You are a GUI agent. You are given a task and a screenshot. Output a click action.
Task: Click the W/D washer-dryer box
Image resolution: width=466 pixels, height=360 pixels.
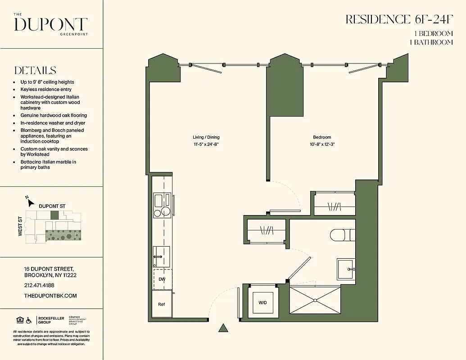pyautogui.click(x=262, y=302)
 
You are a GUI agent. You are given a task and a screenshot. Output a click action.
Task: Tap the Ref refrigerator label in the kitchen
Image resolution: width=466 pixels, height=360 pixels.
pyautogui.click(x=161, y=305)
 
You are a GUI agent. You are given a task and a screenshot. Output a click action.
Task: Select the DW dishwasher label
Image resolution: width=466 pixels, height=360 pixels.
pyautogui.click(x=161, y=279)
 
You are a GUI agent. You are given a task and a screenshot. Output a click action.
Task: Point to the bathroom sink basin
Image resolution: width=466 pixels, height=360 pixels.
pyautogui.click(x=346, y=269)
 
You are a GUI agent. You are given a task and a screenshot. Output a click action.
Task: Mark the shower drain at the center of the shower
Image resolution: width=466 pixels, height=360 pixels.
pyautogui.click(x=315, y=300)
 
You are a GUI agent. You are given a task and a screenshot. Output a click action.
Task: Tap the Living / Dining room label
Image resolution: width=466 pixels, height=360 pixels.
pyautogui.click(x=206, y=137)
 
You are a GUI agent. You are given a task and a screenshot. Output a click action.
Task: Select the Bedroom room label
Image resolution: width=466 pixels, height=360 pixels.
pyautogui.click(x=322, y=137)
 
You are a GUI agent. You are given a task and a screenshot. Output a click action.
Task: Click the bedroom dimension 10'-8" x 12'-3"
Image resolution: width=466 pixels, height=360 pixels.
pyautogui.click(x=322, y=144)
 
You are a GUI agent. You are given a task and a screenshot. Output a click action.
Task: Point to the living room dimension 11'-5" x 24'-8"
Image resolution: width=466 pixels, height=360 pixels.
pyautogui.click(x=206, y=144)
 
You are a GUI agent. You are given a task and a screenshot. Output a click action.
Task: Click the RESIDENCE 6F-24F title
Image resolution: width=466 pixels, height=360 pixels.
pyautogui.click(x=399, y=20)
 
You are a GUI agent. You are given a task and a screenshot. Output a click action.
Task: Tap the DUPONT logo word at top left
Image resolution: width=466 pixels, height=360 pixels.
pyautogui.click(x=50, y=24)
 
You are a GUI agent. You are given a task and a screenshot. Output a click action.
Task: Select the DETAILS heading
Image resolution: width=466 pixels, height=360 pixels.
pyautogui.click(x=35, y=71)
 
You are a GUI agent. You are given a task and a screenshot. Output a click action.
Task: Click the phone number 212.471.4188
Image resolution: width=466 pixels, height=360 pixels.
pyautogui.click(x=39, y=285)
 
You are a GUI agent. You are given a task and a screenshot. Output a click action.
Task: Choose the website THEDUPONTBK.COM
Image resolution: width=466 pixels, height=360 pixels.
pyautogui.click(x=50, y=296)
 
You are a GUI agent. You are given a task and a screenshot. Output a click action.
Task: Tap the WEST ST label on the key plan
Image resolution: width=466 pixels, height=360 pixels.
pyautogui.click(x=20, y=226)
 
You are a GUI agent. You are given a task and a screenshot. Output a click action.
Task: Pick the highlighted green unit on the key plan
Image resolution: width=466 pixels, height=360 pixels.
pyautogui.click(x=54, y=216)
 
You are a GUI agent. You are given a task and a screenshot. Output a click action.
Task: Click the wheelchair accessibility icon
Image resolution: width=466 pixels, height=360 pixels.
pyautogui.click(x=29, y=320)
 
